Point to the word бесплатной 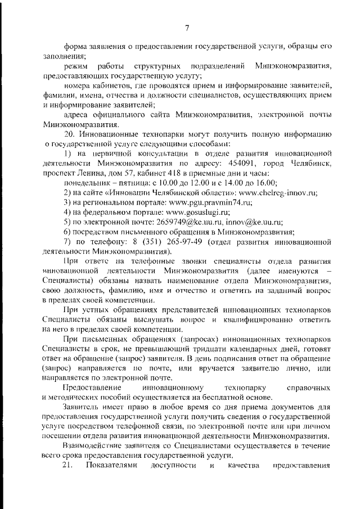click(x=214, y=398)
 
